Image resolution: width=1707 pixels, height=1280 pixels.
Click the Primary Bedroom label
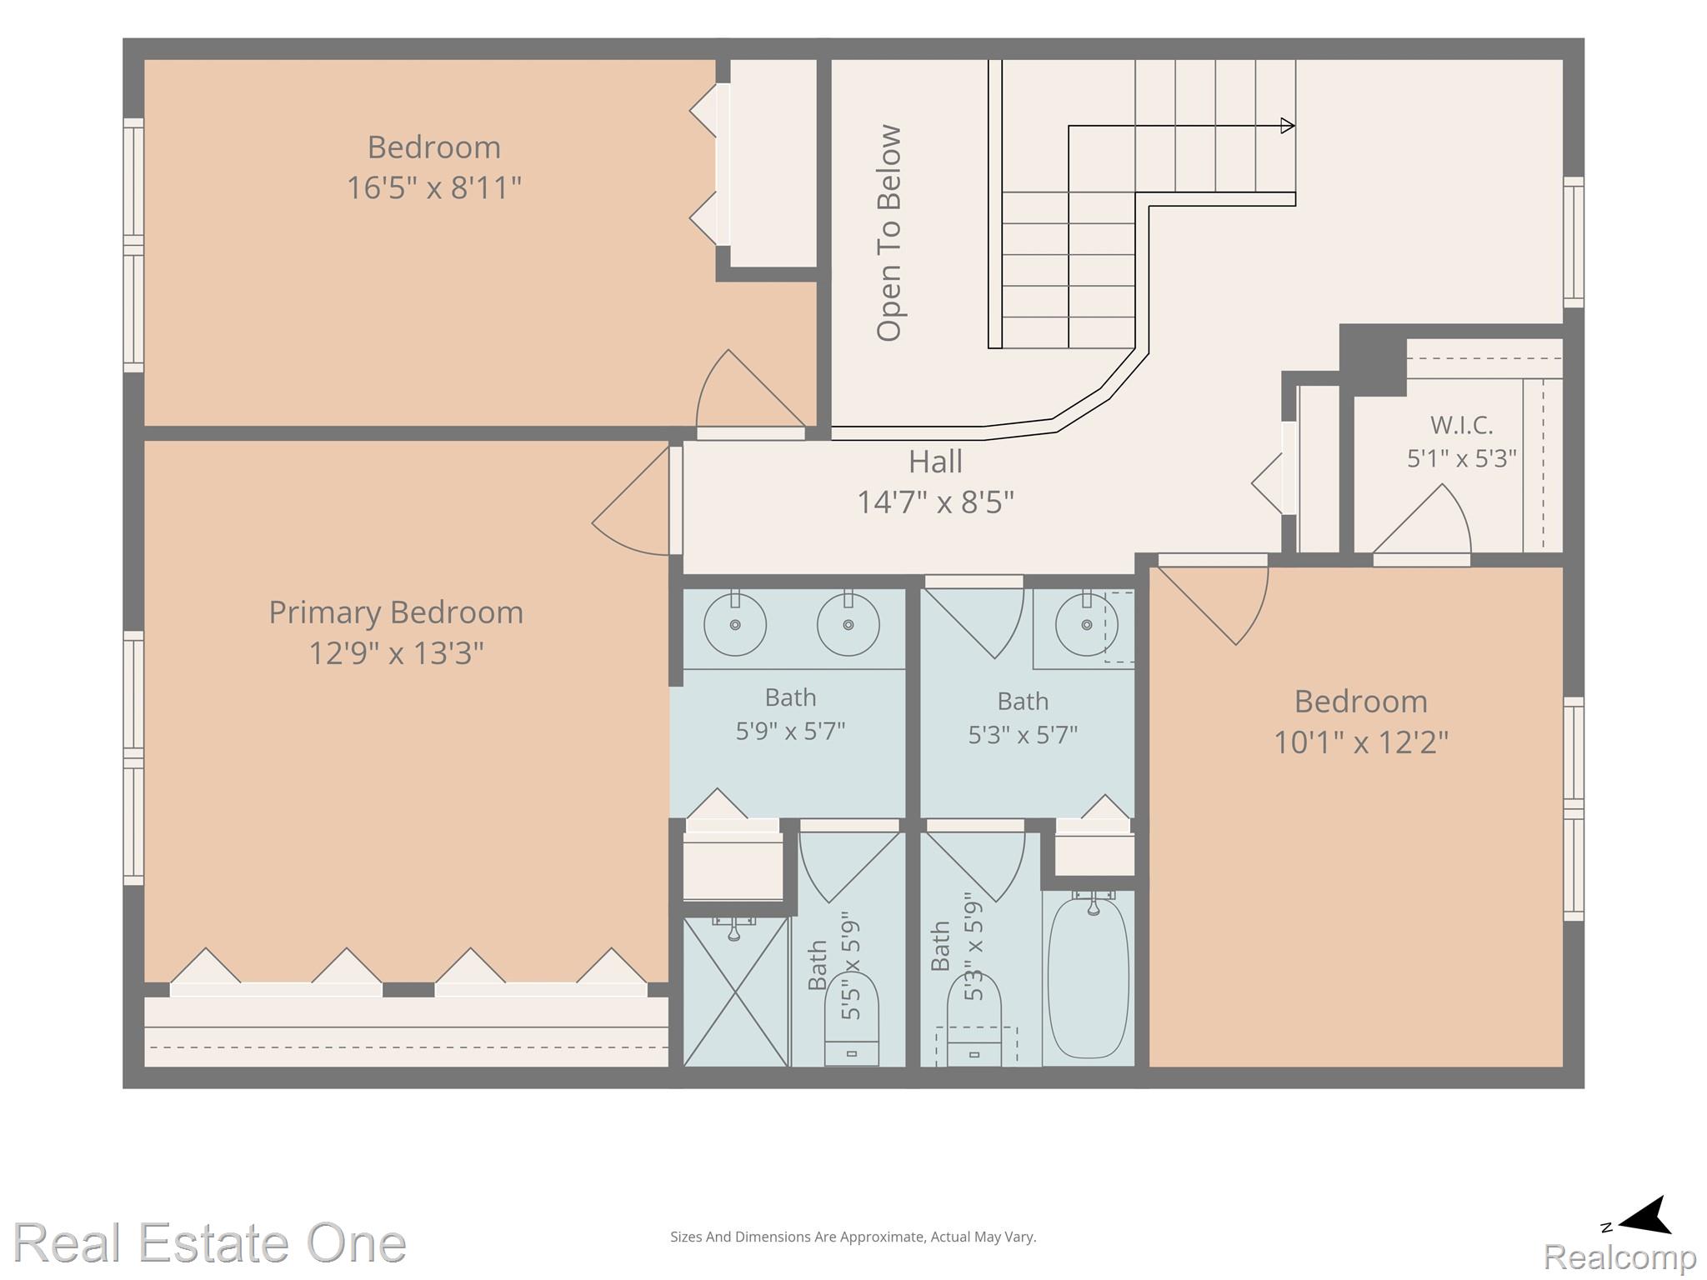click(396, 612)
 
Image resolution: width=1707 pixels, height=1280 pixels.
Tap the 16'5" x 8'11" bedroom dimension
click(433, 187)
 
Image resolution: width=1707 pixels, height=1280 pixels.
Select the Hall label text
click(935, 462)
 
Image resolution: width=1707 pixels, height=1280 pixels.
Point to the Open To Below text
click(889, 233)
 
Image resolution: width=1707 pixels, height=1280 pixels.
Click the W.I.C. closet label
click(1461, 425)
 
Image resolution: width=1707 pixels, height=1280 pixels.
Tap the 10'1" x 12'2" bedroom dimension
click(1361, 742)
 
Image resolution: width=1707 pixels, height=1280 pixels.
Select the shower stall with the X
click(735, 992)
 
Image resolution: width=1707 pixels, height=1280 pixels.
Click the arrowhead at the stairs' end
click(1288, 126)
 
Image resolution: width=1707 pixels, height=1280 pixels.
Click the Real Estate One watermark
click(210, 1243)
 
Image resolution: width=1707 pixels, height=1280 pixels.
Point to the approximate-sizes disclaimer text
click(853, 1237)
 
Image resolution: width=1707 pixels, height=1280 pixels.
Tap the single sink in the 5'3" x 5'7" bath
click(1086, 624)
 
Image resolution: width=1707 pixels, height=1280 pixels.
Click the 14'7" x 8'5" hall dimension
click(935, 502)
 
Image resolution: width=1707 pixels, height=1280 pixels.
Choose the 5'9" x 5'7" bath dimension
click(790, 731)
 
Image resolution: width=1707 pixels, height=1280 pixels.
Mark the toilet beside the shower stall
click(852, 1018)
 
